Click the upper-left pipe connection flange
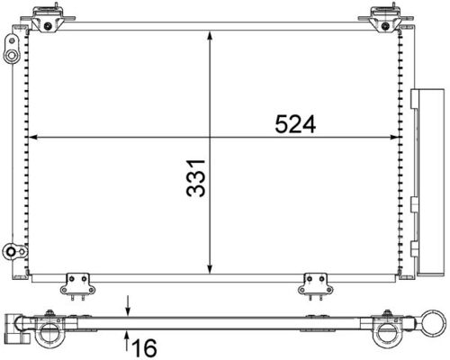(12, 54)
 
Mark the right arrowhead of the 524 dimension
(398, 138)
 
